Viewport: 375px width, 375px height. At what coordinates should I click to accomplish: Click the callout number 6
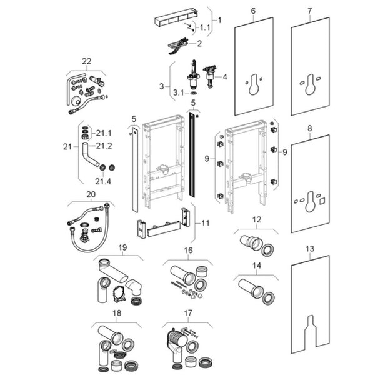click(x=253, y=11)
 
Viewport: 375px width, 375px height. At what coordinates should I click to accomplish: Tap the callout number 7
click(x=310, y=11)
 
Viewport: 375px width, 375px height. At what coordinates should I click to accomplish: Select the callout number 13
click(x=309, y=248)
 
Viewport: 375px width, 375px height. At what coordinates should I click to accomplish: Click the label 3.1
click(x=177, y=92)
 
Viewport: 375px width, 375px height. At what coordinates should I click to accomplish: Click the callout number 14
click(x=256, y=266)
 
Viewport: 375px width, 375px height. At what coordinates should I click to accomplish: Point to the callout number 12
click(x=256, y=219)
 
